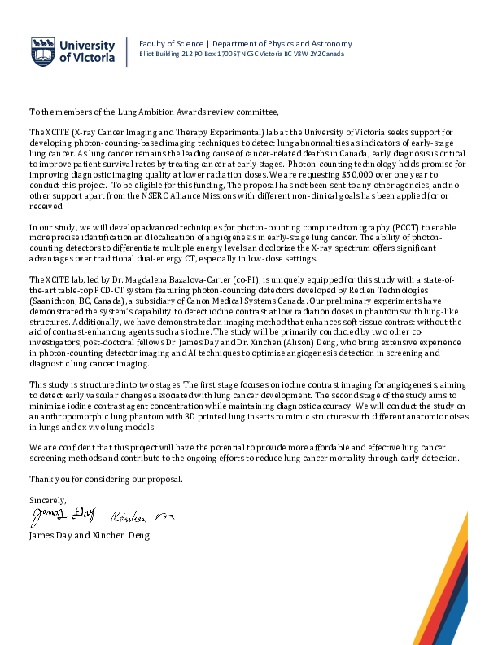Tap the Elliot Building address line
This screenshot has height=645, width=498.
pos(242,55)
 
